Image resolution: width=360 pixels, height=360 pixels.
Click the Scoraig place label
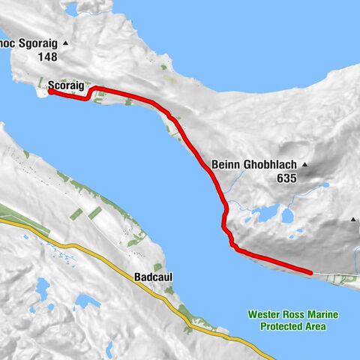tap(64, 85)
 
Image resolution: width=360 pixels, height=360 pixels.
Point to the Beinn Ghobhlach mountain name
tap(255, 165)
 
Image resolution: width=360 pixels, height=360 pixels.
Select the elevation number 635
tap(286, 178)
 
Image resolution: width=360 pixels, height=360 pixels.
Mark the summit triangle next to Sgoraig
tap(66, 43)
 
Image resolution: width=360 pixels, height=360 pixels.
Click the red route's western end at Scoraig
tap(50, 92)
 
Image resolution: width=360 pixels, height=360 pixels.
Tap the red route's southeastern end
tap(310, 271)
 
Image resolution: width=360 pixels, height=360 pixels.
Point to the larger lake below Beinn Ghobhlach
tap(264, 216)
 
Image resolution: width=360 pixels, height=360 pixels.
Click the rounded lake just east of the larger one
tap(287, 216)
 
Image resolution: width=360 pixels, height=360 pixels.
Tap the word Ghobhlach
tap(268, 165)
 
